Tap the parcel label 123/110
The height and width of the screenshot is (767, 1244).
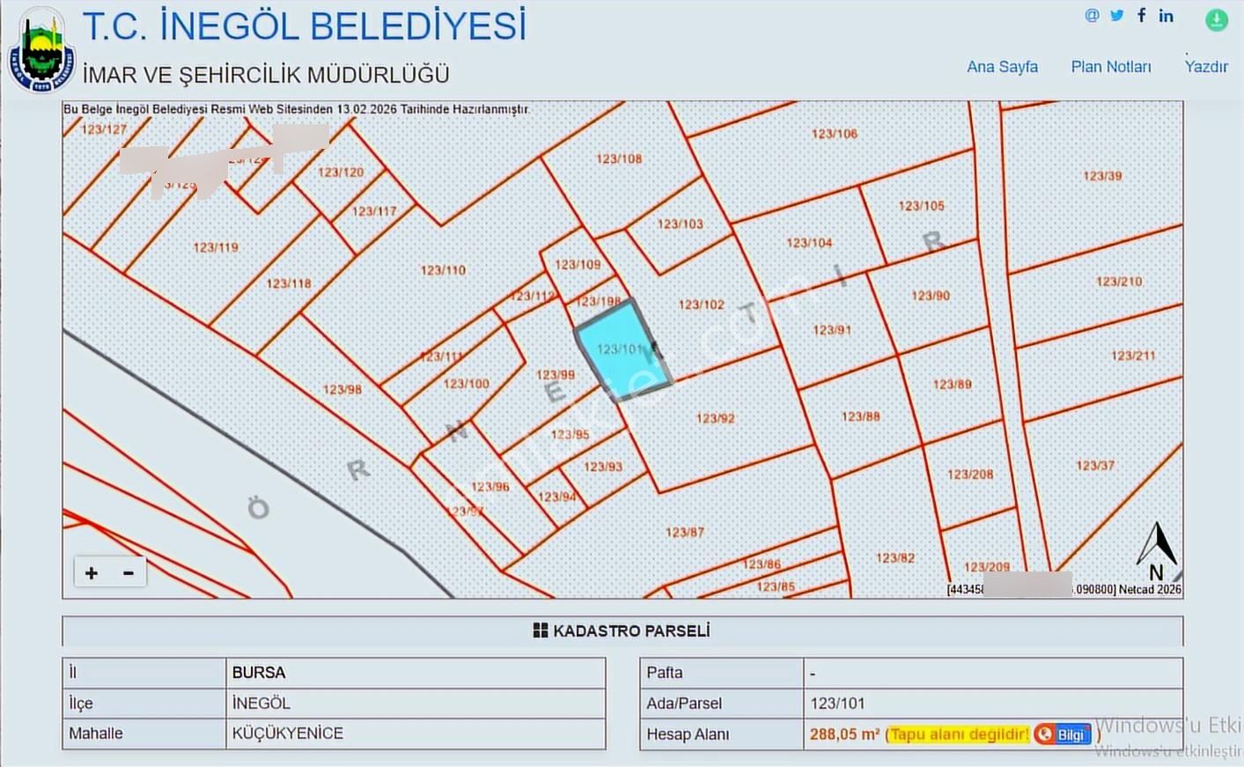(x=443, y=270)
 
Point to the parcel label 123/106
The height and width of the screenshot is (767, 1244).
(x=834, y=134)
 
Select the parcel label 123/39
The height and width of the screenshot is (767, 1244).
(x=1102, y=176)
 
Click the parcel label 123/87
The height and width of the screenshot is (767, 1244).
(x=684, y=533)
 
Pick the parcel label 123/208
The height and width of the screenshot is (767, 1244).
(x=970, y=475)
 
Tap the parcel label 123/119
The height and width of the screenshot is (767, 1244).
(x=216, y=247)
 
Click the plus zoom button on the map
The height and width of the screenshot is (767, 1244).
(x=92, y=573)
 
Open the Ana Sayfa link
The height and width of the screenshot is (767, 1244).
(x=1002, y=67)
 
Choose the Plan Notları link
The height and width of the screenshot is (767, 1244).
(x=1111, y=67)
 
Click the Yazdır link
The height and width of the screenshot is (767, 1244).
(x=1206, y=67)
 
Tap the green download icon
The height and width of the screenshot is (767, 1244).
(x=1217, y=19)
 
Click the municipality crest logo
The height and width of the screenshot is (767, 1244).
(x=40, y=51)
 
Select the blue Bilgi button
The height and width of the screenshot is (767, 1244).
(x=1064, y=734)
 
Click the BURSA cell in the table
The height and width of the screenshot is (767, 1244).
(x=259, y=673)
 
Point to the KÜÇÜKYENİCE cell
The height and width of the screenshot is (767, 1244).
(x=288, y=734)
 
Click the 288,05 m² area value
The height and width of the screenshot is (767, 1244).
(x=844, y=734)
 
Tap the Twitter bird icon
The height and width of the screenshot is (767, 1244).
(x=1117, y=15)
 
